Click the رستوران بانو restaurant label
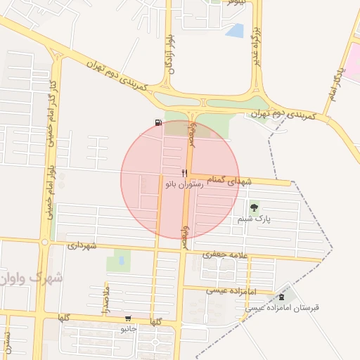click(x=184, y=184)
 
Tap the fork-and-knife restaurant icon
click(x=184, y=172)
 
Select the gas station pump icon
click(x=157, y=123)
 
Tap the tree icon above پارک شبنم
click(x=253, y=208)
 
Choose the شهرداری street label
click(x=91, y=246)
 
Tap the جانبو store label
click(x=127, y=328)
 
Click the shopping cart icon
click(x=127, y=319)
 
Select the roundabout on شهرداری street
click(x=45, y=243)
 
